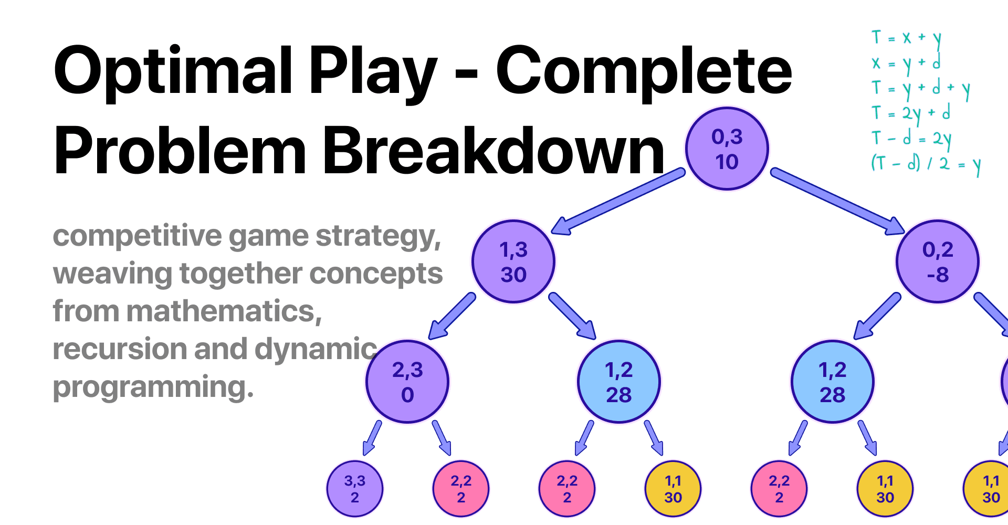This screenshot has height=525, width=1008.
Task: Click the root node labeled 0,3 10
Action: click(727, 149)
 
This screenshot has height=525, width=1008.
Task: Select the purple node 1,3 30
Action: click(513, 261)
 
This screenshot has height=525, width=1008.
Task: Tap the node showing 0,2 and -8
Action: click(938, 261)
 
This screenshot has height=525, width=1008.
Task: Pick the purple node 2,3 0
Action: click(407, 382)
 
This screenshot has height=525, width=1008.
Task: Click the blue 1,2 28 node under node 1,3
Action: click(618, 382)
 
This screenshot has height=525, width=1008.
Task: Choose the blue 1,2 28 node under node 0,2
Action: click(832, 382)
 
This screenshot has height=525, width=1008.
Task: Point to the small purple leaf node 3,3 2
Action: click(355, 489)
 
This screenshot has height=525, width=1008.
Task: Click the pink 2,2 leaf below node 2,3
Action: click(461, 489)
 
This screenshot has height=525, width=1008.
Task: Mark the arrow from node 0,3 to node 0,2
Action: click(837, 201)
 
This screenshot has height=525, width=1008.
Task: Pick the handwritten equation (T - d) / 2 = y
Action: click(925, 164)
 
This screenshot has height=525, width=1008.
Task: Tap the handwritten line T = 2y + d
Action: click(911, 113)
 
